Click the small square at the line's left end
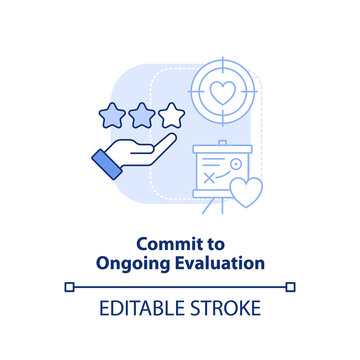click(x=69, y=286)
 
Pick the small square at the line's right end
click(x=291, y=286)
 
